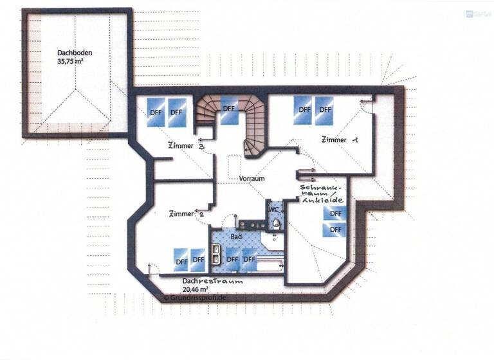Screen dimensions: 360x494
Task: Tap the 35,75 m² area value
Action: (x=71, y=63)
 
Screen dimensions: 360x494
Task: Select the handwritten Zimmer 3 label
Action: (x=187, y=146)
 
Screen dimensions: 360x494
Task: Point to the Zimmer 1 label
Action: (x=340, y=139)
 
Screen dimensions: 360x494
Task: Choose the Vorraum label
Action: (x=252, y=178)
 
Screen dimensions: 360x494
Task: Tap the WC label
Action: (x=273, y=209)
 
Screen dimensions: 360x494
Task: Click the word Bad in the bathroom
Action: (x=236, y=237)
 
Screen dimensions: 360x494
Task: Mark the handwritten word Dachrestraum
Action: (x=203, y=281)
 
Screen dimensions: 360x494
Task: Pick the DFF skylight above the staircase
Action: (x=228, y=109)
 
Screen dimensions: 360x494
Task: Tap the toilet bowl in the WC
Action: (x=276, y=224)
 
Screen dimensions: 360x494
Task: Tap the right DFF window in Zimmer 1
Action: (x=325, y=109)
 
